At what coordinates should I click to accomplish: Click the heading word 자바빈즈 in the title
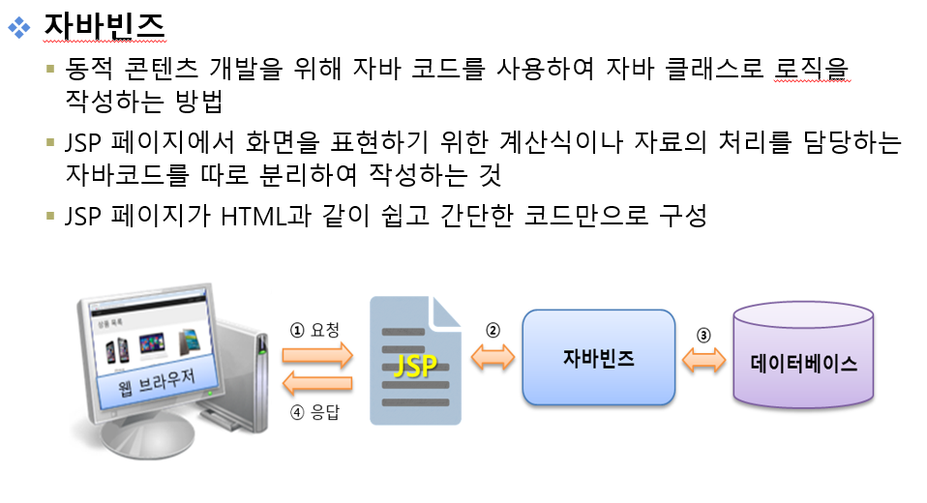point(105,24)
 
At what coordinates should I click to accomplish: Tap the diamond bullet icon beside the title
point(18,26)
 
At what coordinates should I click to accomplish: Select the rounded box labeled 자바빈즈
point(598,357)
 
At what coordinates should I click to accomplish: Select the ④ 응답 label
point(315,412)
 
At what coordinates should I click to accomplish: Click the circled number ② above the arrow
point(493,329)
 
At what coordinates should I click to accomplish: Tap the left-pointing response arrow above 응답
point(316,384)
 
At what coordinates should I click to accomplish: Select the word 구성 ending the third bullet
point(682,215)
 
